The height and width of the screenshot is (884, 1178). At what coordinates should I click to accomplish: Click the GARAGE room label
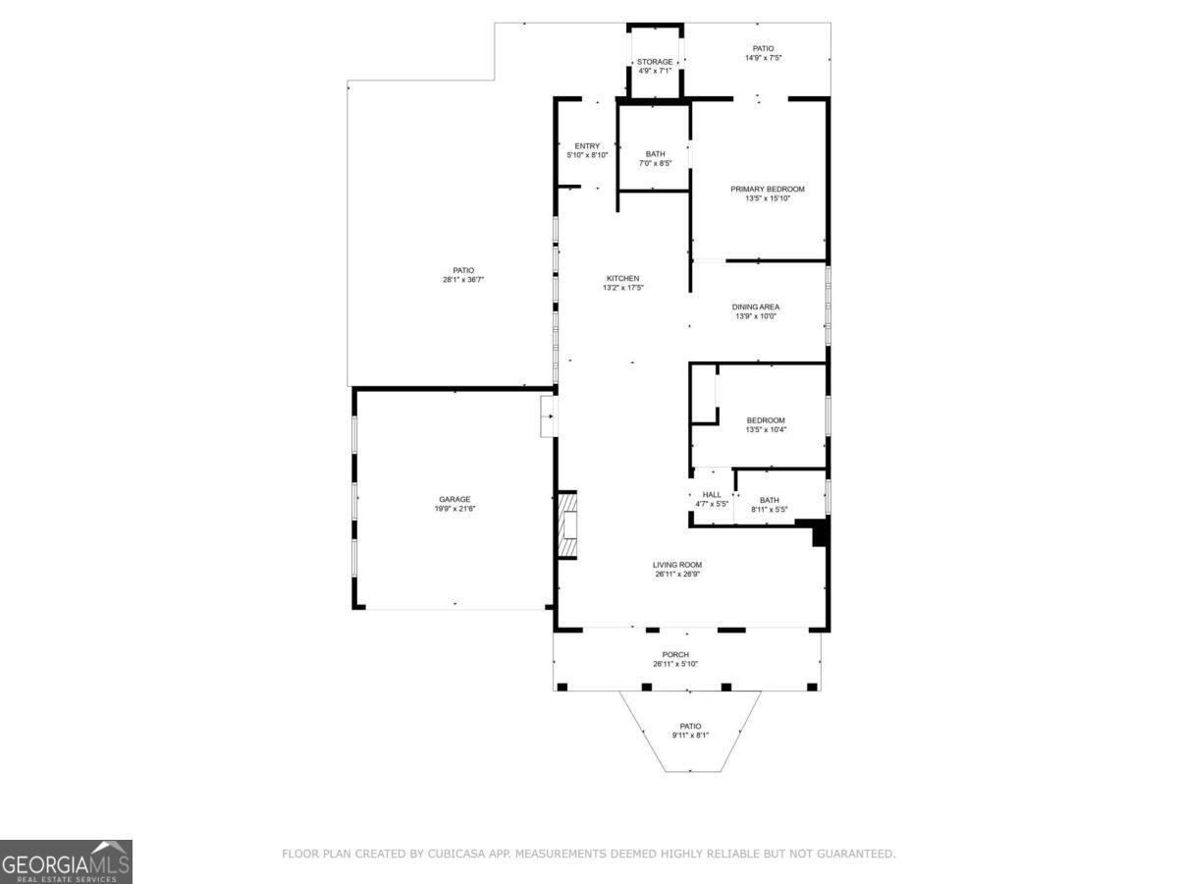point(455,499)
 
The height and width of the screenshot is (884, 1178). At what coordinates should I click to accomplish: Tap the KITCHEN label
point(621,278)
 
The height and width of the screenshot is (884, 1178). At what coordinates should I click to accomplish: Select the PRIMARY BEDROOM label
point(767,189)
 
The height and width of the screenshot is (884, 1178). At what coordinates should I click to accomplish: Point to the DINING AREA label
point(756,306)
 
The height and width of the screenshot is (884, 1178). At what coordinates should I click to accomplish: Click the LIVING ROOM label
point(677,564)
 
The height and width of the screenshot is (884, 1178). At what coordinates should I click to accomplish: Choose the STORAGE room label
point(655,62)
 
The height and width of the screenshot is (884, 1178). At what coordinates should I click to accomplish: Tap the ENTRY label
point(587,146)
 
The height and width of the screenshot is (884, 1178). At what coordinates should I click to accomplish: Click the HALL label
point(712,494)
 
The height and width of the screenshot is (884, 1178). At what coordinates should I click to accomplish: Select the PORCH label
point(675,654)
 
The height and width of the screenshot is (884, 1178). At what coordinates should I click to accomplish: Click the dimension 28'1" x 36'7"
point(462,280)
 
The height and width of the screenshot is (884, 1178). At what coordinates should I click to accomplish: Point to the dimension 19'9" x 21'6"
point(455,509)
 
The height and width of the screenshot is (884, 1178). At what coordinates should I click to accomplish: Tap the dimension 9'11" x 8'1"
point(690,736)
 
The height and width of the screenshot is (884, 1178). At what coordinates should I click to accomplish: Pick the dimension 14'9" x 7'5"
point(763,58)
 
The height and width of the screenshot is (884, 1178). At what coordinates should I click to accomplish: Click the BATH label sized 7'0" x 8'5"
point(655,153)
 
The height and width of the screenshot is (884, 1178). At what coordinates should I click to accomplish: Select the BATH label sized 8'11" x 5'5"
point(770,500)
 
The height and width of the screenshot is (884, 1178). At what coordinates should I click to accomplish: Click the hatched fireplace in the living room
point(567,525)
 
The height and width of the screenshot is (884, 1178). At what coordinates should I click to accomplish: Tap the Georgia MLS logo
point(66,861)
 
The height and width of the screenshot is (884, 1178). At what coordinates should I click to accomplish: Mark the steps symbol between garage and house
point(547,415)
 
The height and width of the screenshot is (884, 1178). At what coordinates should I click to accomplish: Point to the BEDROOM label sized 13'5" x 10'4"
point(766,420)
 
